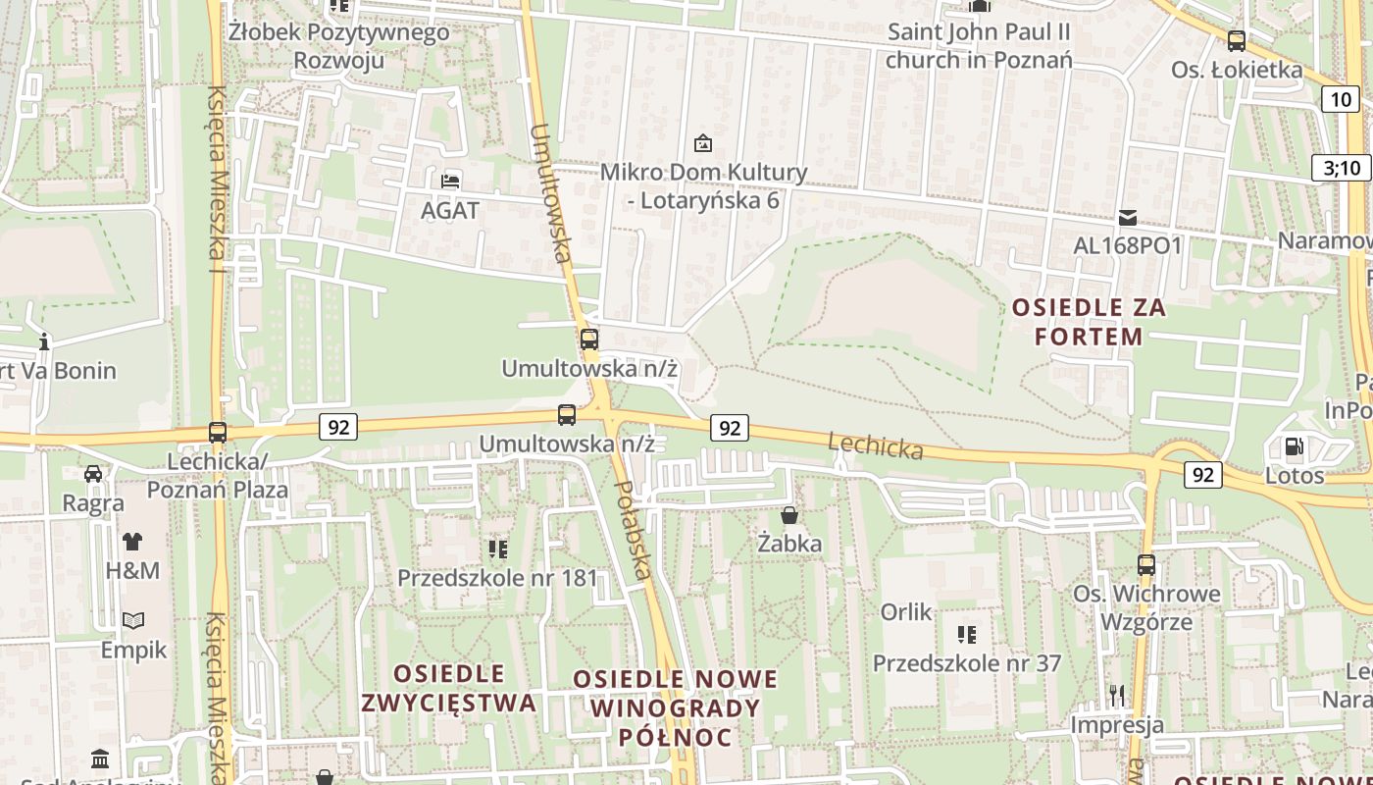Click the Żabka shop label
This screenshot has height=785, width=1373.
click(x=789, y=543)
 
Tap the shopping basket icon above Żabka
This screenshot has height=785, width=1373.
click(x=789, y=515)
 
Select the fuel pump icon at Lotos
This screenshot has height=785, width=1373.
click(x=1294, y=447)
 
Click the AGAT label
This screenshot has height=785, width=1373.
click(x=450, y=210)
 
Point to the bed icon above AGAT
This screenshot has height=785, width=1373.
click(x=450, y=181)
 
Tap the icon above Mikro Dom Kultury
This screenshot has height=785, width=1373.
click(x=703, y=143)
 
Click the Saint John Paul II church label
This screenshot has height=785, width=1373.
click(x=979, y=45)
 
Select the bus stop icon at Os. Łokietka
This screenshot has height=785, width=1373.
click(x=1237, y=41)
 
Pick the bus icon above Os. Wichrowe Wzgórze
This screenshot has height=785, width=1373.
click(x=1145, y=565)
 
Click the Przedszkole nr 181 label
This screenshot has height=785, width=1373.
click(x=497, y=578)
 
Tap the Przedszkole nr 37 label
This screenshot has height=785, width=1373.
click(x=967, y=663)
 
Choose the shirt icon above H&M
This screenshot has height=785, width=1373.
click(x=132, y=541)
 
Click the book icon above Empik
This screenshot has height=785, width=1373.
click(x=133, y=620)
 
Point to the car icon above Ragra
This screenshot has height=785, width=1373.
click(x=93, y=474)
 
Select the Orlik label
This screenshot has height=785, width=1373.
click(x=906, y=612)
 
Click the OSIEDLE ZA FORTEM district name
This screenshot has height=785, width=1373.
click(x=1089, y=322)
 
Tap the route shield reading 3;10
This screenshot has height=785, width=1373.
click(x=1342, y=168)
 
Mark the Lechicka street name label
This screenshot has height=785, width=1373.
click(x=876, y=446)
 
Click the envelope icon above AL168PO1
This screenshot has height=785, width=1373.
click(x=1128, y=218)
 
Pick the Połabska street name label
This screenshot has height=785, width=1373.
click(x=634, y=531)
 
